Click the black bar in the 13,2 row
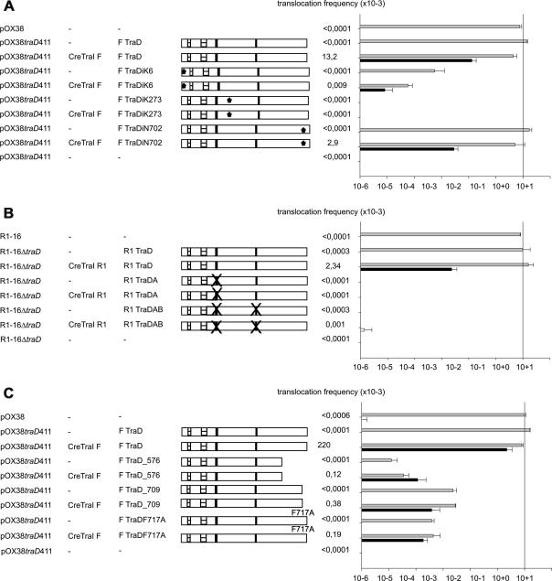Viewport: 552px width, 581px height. point(416,60)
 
